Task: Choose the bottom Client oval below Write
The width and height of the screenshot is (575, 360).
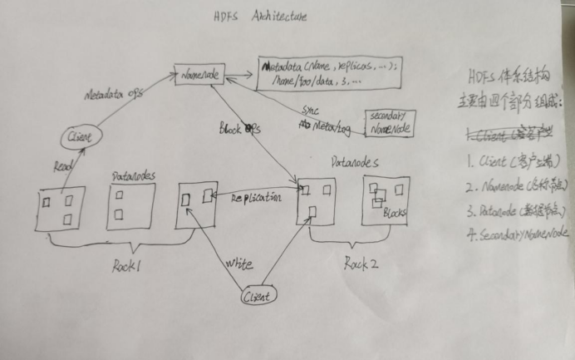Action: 258,295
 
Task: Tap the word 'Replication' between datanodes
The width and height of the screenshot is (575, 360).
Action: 257,198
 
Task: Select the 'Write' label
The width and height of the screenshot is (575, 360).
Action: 238,264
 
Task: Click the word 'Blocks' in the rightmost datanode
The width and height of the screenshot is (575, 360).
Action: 394,213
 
